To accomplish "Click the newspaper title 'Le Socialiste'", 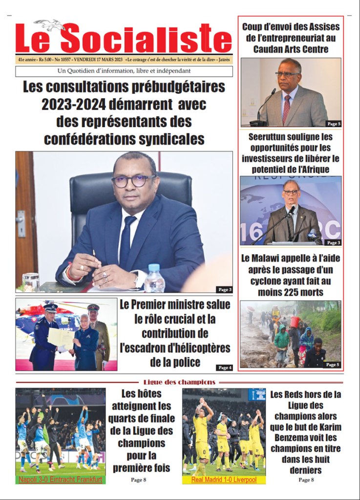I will tap(124, 38).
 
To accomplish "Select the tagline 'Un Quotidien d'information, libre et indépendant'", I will tap(124, 71).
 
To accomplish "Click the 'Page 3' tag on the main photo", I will tap(224, 289).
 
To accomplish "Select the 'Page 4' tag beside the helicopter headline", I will tap(224, 367).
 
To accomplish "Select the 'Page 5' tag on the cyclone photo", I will tap(332, 364).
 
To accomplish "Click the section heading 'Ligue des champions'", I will tap(179, 382).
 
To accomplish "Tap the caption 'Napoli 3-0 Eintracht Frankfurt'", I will tap(61, 480).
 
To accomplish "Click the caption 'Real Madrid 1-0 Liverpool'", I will tap(224, 480).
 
